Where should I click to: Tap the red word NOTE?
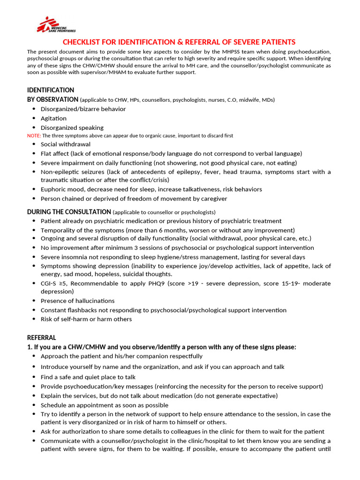[34, 135]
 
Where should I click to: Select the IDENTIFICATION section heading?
[51, 90]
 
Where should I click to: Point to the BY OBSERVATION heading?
[52, 99]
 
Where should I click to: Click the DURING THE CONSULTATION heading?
[69, 211]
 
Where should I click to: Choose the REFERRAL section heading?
[41, 337]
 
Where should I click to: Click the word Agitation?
[53, 118]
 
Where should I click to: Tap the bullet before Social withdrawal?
[34, 144]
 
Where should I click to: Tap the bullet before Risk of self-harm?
[34, 319]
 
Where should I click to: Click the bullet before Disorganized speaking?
[34, 127]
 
